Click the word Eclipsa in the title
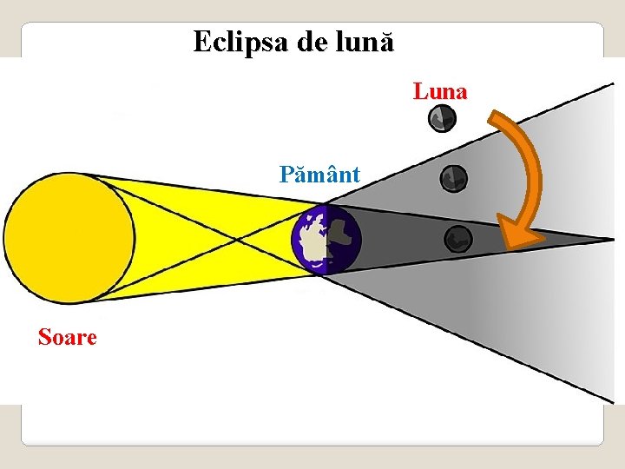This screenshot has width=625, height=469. pos(240,41)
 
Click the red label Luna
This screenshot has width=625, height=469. pos(440,90)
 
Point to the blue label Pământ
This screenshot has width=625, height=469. pos(320,175)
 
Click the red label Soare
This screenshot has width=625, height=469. pos(68,336)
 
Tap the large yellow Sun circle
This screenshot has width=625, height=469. pos(69,238)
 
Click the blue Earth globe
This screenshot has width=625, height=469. pos(325,241)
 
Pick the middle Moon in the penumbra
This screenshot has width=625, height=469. pos(453,179)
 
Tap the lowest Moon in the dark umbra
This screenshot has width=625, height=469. pos(457,238)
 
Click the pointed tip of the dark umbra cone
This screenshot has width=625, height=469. pos(613,238)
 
